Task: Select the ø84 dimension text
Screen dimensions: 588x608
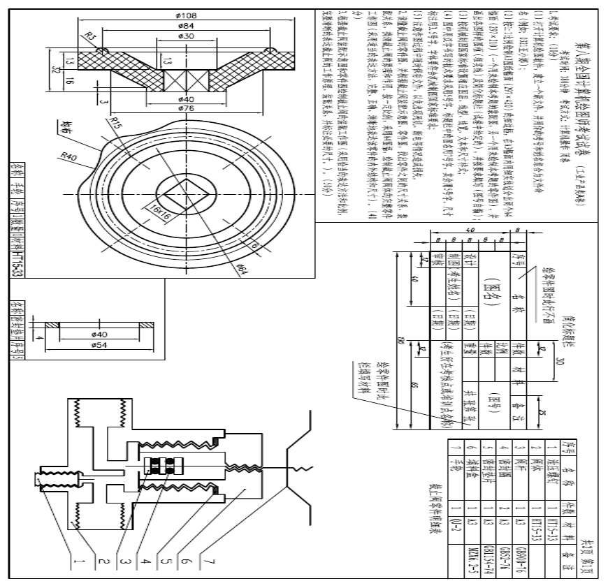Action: pyautogui.click(x=186, y=25)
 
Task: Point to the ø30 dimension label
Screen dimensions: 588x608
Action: pyautogui.click(x=186, y=35)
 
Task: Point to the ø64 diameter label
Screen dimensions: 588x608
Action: pyautogui.click(x=243, y=268)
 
